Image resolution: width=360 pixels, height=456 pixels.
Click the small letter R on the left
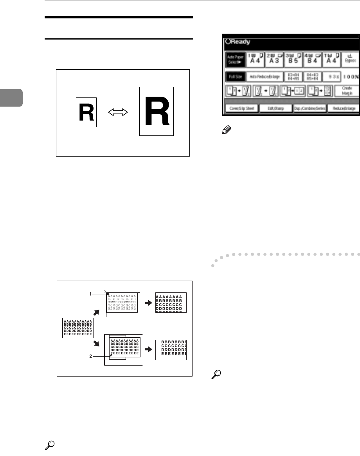click(86, 112)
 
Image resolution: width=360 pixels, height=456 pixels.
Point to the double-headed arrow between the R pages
click(118, 112)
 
